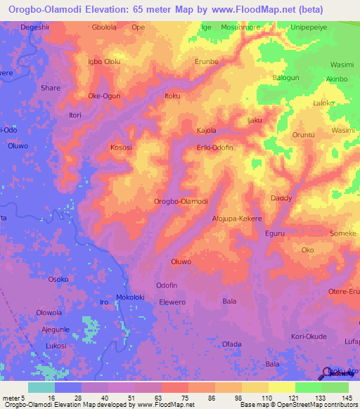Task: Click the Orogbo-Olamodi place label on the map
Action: pyautogui.click(x=181, y=201)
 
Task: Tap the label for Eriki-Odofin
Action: pyautogui.click(x=214, y=147)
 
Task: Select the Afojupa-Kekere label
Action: pyautogui.click(x=237, y=219)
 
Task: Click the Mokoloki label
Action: pyautogui.click(x=130, y=297)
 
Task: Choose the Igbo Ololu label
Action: pyautogui.click(x=104, y=61)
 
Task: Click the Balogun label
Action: pyautogui.click(x=285, y=77)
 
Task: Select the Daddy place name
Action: pyautogui.click(x=281, y=198)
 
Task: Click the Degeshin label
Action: pyautogui.click(x=37, y=27)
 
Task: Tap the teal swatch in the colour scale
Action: pyautogui.click(x=41, y=387)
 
